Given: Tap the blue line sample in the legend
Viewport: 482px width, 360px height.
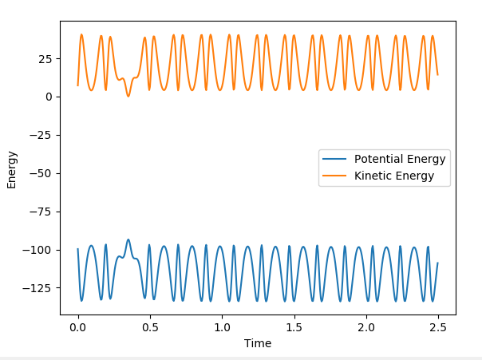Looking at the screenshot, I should [x=335, y=158].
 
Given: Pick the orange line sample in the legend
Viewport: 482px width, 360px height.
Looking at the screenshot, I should [x=335, y=176].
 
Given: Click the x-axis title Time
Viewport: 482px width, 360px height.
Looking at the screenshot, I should [x=257, y=343].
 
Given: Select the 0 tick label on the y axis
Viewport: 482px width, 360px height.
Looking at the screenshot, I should [x=49, y=97].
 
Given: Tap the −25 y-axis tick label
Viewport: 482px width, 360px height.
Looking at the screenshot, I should [x=41, y=135].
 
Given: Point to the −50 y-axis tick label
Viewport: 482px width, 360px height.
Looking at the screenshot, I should [x=41, y=173].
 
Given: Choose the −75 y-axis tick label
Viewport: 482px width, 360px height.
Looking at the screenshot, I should [x=41, y=212].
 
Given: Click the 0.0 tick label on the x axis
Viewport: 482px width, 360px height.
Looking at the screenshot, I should [x=77, y=327].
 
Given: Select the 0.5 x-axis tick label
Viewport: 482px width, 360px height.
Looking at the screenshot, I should [x=149, y=327].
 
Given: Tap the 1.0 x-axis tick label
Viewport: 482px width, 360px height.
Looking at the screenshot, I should [x=221, y=327].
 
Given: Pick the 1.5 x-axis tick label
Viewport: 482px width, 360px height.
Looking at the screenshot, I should [x=294, y=327].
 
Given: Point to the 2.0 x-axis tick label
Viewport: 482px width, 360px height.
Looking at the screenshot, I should [x=365, y=327].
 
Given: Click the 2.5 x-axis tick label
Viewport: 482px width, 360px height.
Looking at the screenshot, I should [x=437, y=327].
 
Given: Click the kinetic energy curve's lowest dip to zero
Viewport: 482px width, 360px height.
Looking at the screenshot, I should [x=128, y=96].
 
